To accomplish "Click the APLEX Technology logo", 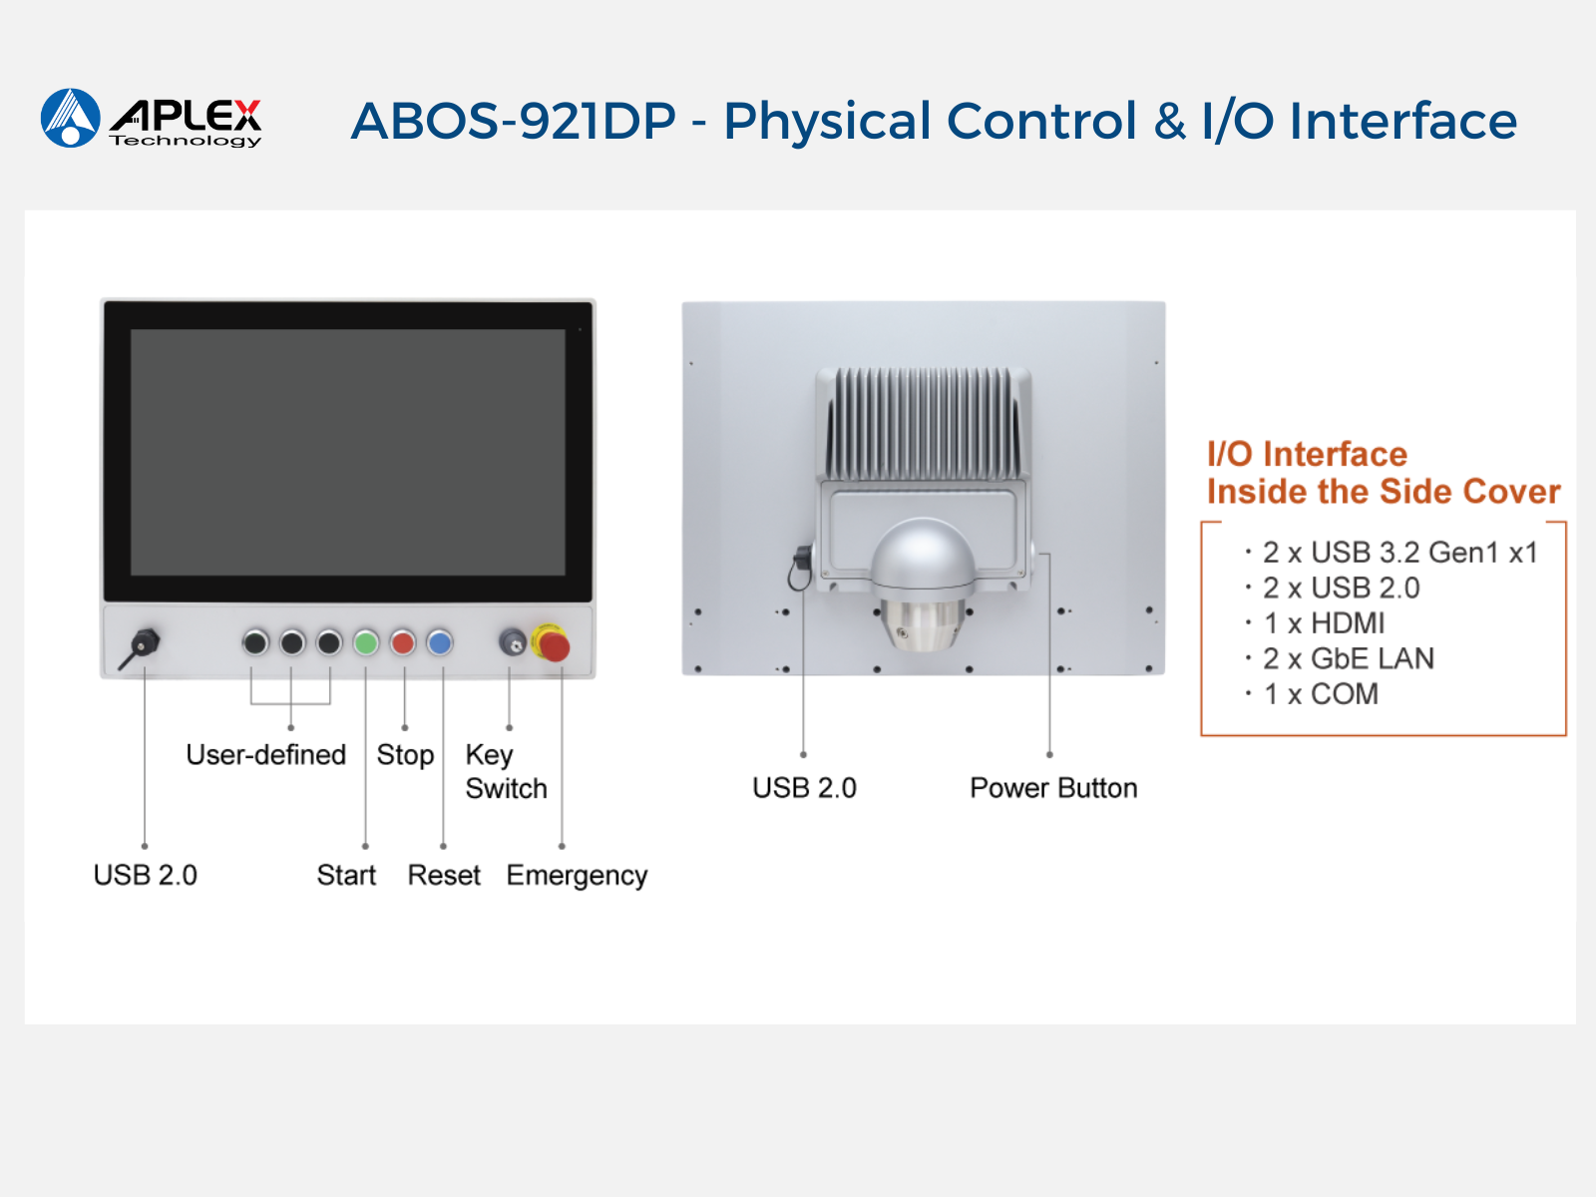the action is [x=152, y=119].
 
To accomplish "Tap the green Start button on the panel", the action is [x=366, y=642].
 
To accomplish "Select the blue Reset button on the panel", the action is [x=439, y=642].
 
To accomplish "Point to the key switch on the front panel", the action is [x=512, y=642].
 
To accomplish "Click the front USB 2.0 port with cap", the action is [x=144, y=644].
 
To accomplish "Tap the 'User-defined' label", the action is [x=266, y=754].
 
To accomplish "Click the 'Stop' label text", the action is [x=405, y=755].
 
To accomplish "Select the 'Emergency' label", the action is [x=577, y=876].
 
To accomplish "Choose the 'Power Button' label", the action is [x=1053, y=788].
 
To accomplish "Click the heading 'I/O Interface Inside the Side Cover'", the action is [x=1384, y=473].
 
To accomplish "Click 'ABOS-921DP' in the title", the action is [x=514, y=121].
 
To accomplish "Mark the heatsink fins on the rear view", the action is [x=924, y=423].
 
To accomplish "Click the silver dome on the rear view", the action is [x=924, y=554].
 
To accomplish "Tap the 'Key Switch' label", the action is [x=506, y=771].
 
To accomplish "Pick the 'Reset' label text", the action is [x=444, y=875].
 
